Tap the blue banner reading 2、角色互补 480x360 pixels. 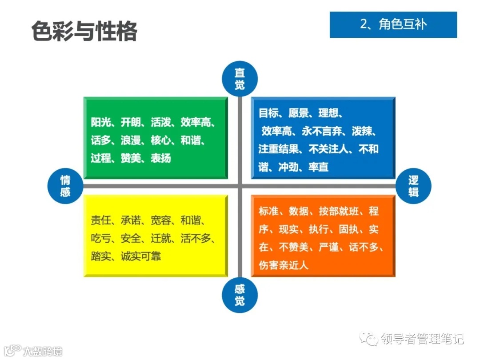pos(393,24)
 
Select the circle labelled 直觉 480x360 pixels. pos(240,79)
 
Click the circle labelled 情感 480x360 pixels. pos(65,186)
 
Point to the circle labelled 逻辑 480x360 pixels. pos(413,186)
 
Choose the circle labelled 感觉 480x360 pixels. pos(240,295)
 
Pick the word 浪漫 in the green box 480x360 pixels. pos(131,140)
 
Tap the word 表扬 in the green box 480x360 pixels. pos(161,158)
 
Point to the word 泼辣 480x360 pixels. pos(364,131)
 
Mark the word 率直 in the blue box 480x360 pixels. pos(318,168)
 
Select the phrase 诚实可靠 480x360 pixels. pos(141,256)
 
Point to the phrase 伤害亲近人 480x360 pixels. pos(284,265)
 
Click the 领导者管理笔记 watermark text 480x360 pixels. pos(422,339)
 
